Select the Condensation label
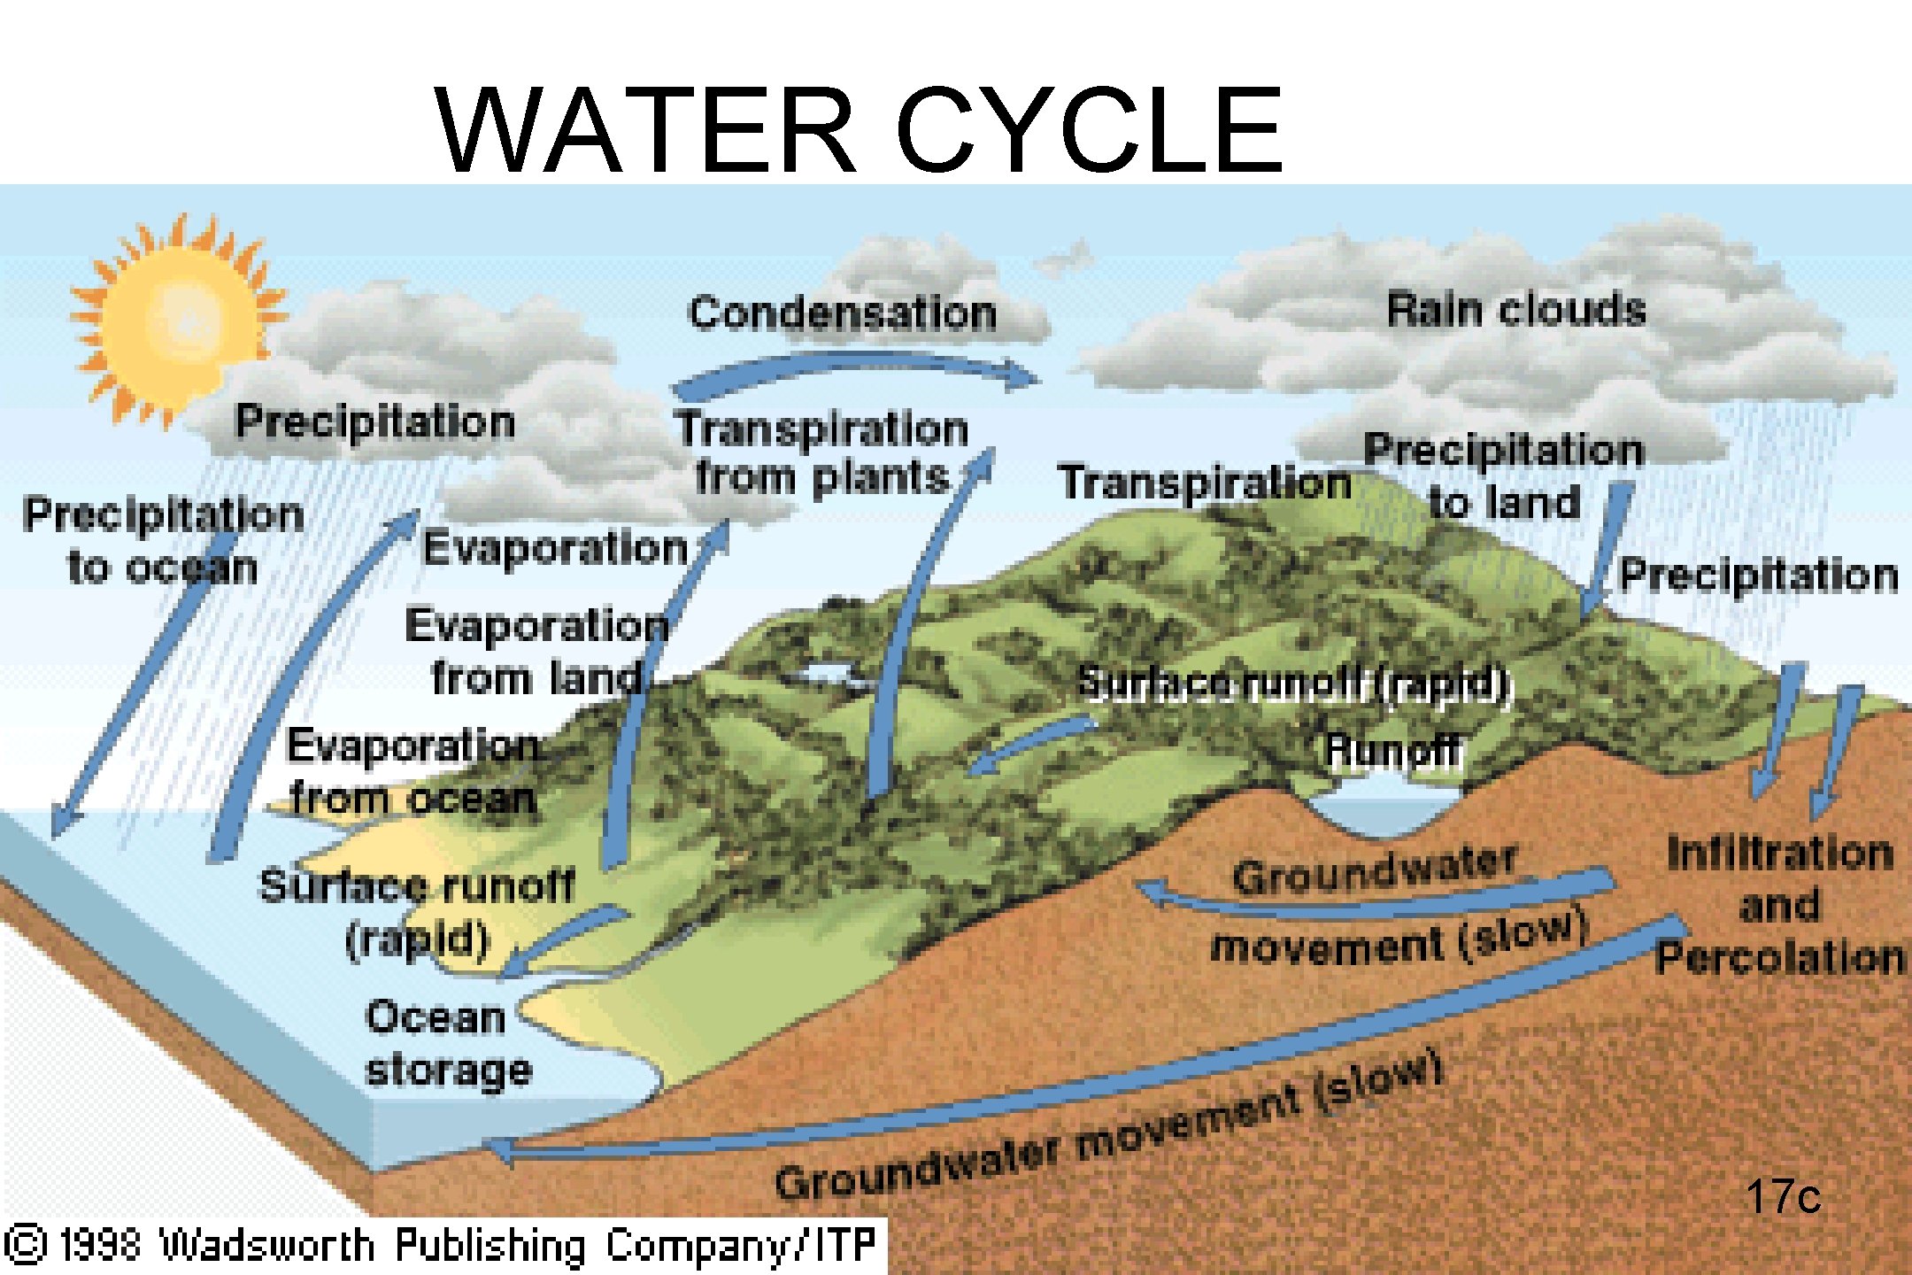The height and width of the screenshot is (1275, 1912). (843, 313)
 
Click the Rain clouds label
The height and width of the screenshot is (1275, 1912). (1515, 310)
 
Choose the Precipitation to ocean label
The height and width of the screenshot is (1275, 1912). (163, 540)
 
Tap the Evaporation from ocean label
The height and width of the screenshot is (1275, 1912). (412, 772)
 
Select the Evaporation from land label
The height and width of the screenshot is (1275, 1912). (536, 652)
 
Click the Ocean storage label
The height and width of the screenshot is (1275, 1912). (448, 1043)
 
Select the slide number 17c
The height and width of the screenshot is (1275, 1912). (1783, 1197)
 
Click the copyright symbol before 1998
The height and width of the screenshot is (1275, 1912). (27, 1243)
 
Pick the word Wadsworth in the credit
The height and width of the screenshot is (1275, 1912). (266, 1245)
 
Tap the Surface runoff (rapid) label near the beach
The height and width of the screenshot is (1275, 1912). (416, 912)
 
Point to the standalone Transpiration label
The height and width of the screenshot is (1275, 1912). (1204, 483)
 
